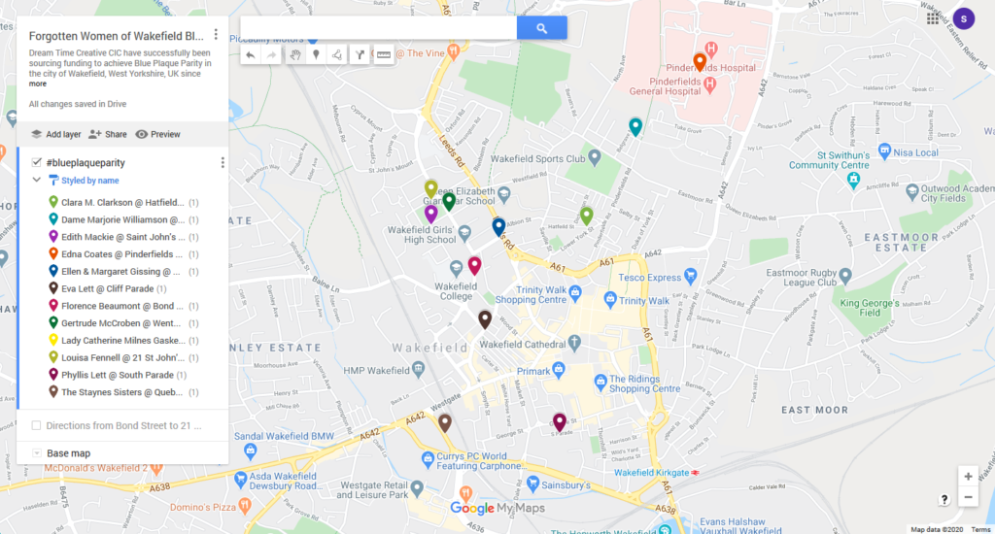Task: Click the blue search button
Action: tap(541, 28)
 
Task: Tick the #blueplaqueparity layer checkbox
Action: tap(36, 162)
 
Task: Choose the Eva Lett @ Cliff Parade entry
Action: tap(114, 288)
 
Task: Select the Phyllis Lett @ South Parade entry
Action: tap(123, 375)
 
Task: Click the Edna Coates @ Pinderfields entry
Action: tap(121, 253)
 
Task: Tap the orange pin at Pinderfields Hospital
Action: tap(700, 63)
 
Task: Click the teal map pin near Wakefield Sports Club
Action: tap(635, 126)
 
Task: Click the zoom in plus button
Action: tap(968, 476)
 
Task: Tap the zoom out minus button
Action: tap(968, 497)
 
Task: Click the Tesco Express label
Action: tap(652, 277)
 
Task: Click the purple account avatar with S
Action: tap(963, 17)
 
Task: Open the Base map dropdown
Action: tap(68, 453)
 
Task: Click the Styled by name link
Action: tap(89, 181)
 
